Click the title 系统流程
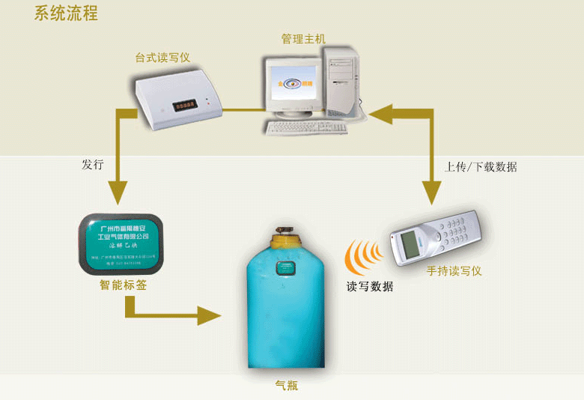(x=65, y=13)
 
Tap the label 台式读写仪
(x=162, y=57)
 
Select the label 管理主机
(x=303, y=38)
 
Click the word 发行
(x=92, y=164)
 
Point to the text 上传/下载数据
(x=480, y=166)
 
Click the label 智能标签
(x=124, y=285)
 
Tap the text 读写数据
(x=369, y=286)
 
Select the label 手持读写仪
(x=454, y=270)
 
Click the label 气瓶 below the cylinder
(x=287, y=386)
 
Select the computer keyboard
(x=308, y=128)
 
